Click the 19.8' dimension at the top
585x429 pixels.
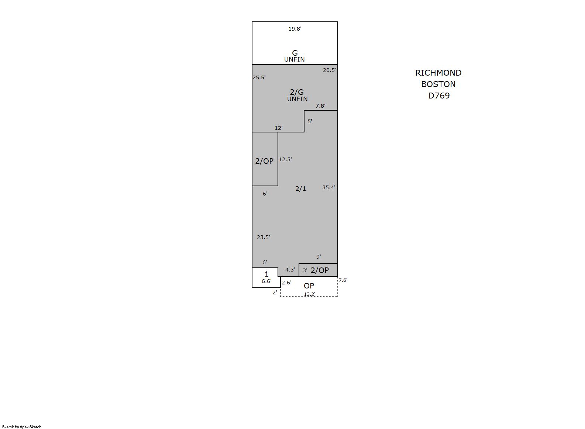point(295,29)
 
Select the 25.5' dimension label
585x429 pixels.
point(259,77)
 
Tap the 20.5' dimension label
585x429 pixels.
point(330,70)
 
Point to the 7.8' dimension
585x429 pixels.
point(321,106)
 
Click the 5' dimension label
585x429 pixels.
point(310,121)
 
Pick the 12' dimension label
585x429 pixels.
point(279,128)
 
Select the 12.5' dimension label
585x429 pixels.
point(285,159)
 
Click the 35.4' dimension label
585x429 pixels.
point(329,187)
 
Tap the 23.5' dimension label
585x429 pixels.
point(264,237)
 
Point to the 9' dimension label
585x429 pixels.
point(319,257)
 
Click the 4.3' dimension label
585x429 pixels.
point(290,270)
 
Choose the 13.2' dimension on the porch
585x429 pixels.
point(309,294)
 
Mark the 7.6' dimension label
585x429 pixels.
point(343,280)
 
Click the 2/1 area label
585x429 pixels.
point(300,188)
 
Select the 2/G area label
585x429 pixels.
point(297,92)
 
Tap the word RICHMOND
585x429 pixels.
point(438,73)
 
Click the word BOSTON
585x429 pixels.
point(438,84)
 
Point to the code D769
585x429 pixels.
point(439,96)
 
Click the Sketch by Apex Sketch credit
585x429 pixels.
point(22,427)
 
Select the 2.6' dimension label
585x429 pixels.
point(286,283)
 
